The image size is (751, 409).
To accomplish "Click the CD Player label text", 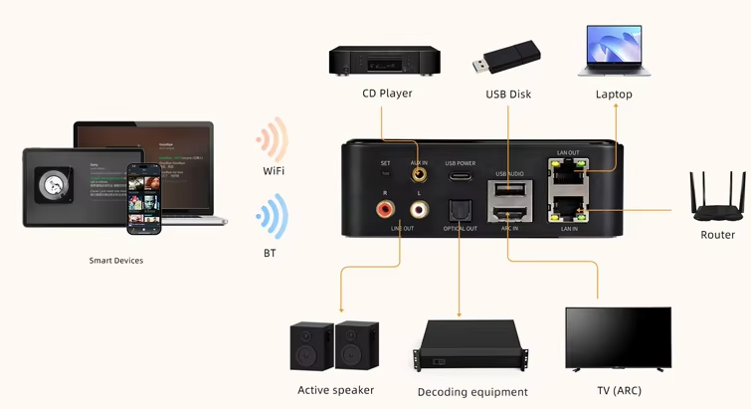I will click(x=387, y=94).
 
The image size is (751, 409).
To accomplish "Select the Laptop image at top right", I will click(x=614, y=53).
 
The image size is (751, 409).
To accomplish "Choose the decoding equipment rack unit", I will click(x=472, y=348).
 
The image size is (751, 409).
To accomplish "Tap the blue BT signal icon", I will click(x=272, y=215).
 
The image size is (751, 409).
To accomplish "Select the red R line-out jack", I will click(x=385, y=210).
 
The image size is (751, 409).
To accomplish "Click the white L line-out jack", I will click(x=418, y=210).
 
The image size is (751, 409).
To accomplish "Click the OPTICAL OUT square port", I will click(x=461, y=212).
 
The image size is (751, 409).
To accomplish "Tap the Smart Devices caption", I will click(x=116, y=261).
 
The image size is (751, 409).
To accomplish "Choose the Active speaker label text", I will click(x=335, y=390).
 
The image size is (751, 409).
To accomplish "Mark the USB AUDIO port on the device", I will click(x=507, y=190).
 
